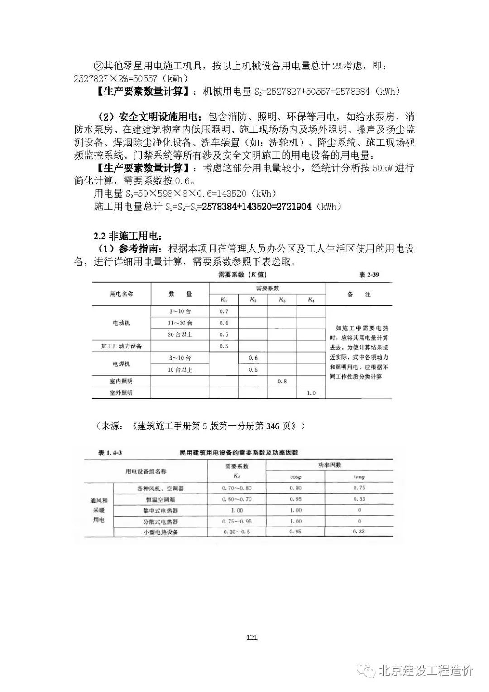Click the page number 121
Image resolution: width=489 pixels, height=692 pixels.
252,638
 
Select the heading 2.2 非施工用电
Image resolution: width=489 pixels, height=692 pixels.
127,236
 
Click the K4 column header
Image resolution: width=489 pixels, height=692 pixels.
311,300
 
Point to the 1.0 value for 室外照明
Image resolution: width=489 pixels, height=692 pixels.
311,393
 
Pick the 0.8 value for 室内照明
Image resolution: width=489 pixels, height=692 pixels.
282,381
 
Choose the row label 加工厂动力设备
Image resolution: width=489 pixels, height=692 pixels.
121,346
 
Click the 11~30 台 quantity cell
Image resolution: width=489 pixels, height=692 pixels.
180,323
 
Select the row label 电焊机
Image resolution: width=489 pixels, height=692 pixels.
121,364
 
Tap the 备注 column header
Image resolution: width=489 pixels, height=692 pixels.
359,295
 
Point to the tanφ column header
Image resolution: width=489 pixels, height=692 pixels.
360,477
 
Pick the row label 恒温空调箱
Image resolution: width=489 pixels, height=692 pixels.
160,499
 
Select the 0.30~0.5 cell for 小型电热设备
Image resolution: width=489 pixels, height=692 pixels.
236,532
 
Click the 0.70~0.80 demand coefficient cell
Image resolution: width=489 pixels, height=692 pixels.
236,489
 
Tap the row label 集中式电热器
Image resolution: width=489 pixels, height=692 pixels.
160,510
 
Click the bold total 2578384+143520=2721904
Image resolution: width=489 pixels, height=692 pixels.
257,207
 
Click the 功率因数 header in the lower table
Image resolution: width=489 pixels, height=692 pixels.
330,465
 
